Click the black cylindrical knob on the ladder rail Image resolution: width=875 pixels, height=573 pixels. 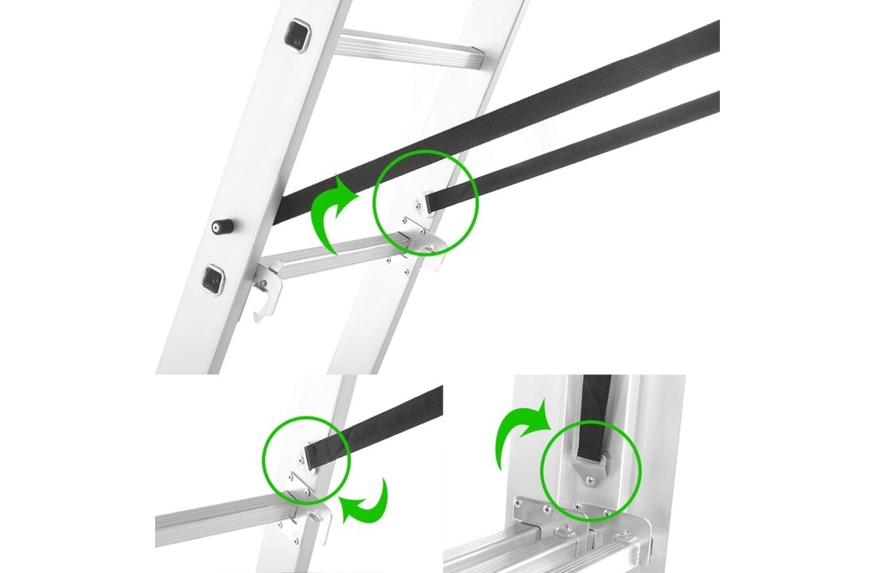click(221, 226)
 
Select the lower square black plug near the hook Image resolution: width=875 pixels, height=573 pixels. click(212, 279)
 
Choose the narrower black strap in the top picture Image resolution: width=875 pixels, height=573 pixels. click(589, 146)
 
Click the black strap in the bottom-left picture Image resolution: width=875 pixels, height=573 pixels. click(382, 422)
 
